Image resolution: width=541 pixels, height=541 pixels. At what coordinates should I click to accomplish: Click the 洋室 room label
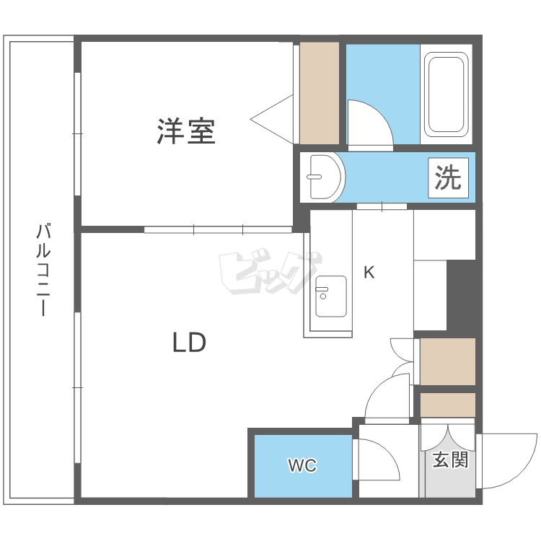(186, 131)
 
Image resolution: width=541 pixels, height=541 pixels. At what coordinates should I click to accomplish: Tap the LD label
(189, 342)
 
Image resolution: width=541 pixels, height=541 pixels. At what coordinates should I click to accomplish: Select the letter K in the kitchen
(369, 273)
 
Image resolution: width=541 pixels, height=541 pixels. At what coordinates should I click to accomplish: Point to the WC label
(302, 466)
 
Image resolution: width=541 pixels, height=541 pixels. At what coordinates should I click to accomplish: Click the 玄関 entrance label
(450, 459)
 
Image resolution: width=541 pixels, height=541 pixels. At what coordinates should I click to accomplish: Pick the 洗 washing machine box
(448, 177)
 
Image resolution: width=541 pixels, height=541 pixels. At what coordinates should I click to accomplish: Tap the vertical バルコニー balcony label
(43, 270)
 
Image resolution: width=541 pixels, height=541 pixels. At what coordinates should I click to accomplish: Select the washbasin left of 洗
(322, 177)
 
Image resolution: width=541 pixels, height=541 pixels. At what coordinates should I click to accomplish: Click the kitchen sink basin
(330, 296)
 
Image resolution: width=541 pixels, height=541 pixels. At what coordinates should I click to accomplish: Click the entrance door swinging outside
(509, 462)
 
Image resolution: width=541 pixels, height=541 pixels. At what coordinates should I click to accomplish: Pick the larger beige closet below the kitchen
(447, 361)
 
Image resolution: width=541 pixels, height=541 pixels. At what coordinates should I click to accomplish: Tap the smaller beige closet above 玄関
(447, 405)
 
